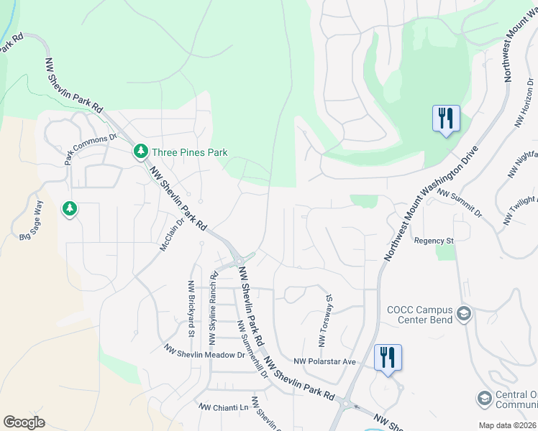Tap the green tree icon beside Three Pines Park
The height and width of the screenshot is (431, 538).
[x=140, y=152]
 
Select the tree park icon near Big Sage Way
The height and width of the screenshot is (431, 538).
[x=70, y=209]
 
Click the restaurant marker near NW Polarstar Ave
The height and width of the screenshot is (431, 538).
[x=388, y=357]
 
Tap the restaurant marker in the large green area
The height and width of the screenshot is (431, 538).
[x=445, y=118]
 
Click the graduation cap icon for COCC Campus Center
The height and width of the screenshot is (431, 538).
[x=464, y=314]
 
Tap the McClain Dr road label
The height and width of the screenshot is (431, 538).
[x=172, y=235]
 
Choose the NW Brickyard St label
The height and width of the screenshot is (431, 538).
[x=191, y=309]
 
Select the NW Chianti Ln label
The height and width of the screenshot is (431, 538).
[x=223, y=407]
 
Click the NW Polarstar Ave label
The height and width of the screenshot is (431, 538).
[x=325, y=362]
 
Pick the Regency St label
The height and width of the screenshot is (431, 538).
[x=434, y=241]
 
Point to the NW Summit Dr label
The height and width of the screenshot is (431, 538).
[x=459, y=203]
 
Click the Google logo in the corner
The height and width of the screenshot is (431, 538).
[x=24, y=422]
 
